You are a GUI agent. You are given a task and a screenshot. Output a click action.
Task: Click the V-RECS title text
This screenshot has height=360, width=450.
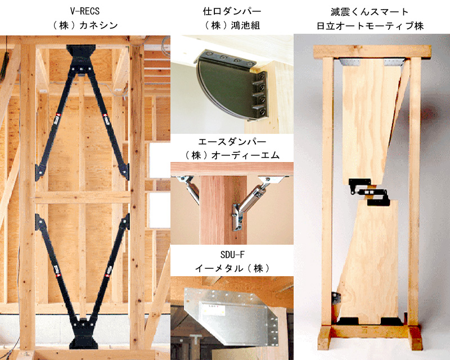(x=85, y=11)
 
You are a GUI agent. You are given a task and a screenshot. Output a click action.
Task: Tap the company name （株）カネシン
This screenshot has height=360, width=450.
(x=85, y=25)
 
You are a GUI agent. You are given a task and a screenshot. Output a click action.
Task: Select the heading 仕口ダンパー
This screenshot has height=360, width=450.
(x=232, y=11)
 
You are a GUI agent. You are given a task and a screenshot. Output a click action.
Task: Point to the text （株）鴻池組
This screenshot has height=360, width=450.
(x=232, y=25)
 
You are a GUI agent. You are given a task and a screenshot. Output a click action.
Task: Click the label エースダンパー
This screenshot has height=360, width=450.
(x=232, y=142)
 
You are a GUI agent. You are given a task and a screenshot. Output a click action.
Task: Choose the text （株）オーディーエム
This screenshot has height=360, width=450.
(x=232, y=155)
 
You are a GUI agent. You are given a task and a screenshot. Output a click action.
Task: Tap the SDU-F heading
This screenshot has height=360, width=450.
(x=232, y=254)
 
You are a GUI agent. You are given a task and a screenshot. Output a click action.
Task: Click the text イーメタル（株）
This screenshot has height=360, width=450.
(x=232, y=268)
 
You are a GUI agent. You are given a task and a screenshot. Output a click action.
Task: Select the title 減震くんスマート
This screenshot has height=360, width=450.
(x=370, y=12)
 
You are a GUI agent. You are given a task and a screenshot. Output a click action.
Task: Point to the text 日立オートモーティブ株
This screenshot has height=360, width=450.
(x=370, y=26)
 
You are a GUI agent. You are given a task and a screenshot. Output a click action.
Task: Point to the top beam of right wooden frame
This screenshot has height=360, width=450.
(x=372, y=51)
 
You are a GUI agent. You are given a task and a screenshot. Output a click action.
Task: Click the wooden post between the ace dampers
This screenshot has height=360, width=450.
(x=223, y=210)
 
